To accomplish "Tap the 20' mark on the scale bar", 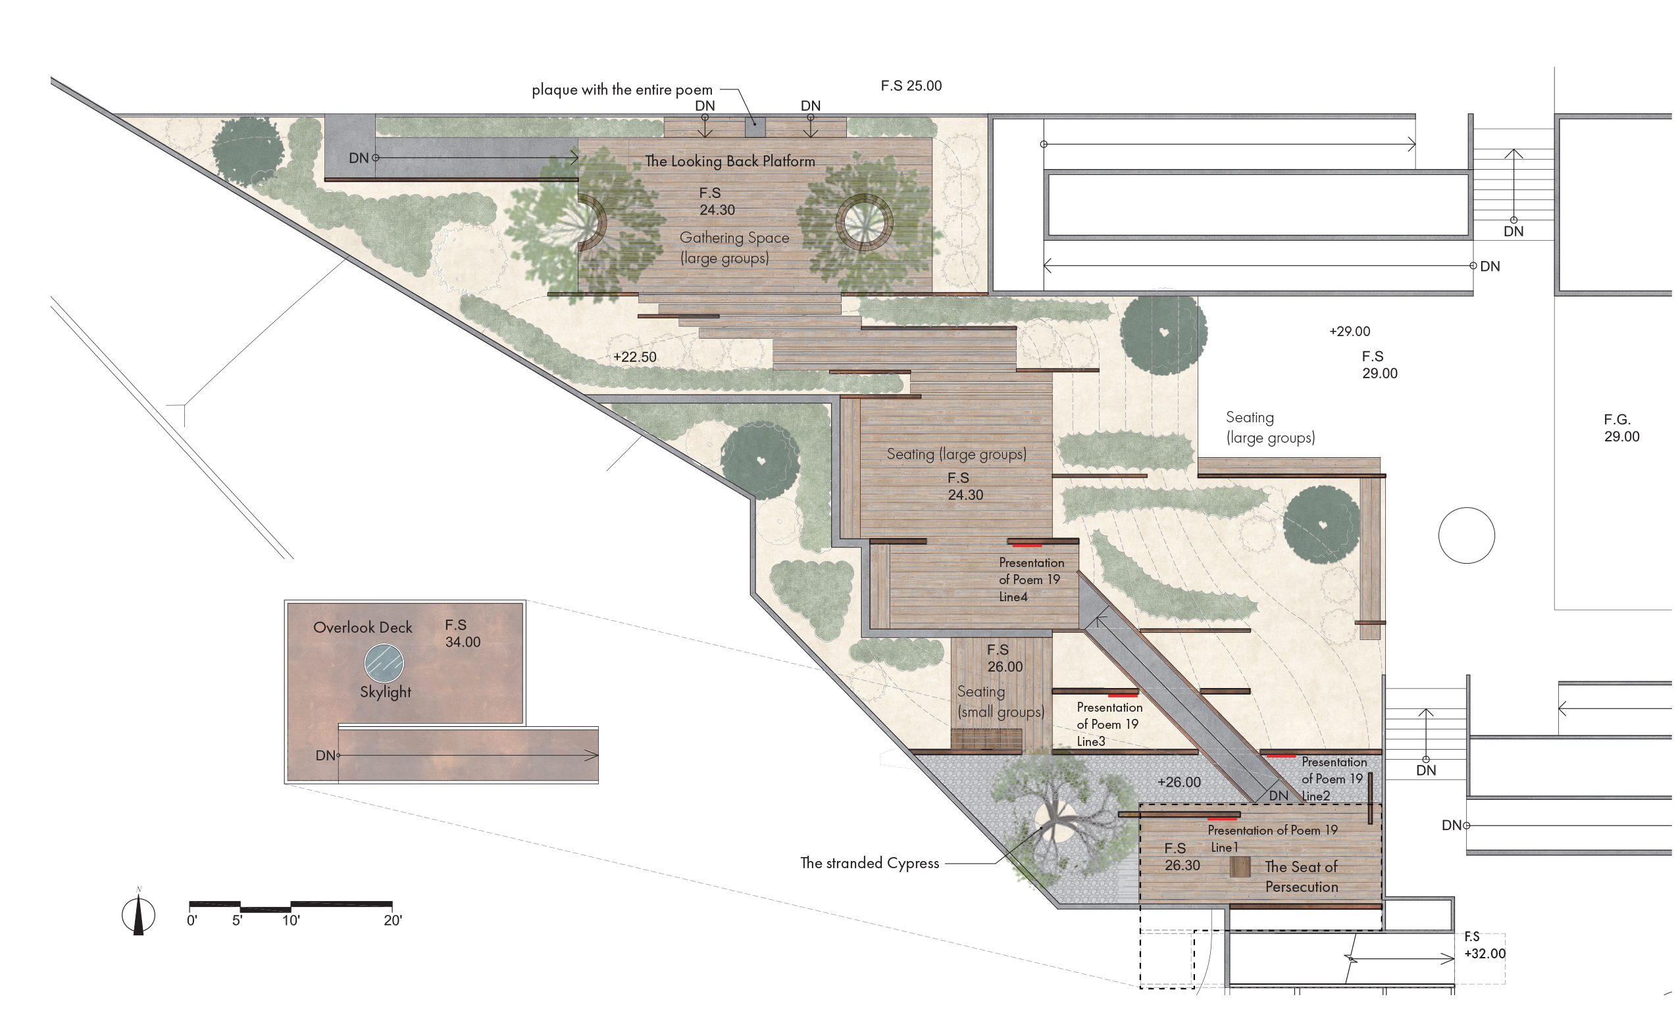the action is [393, 920].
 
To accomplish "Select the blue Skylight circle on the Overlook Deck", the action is [384, 663].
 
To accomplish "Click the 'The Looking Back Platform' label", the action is [730, 161].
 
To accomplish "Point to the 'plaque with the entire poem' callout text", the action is [622, 89].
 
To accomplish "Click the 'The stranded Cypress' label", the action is [870, 863].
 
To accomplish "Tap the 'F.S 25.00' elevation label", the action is [911, 86].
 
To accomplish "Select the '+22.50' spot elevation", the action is [635, 357].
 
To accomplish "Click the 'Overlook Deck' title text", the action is [363, 627].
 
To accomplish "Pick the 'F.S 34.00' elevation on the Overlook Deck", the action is [462, 633].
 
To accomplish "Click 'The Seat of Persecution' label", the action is [1301, 876].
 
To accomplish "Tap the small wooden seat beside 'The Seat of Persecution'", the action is [1240, 867].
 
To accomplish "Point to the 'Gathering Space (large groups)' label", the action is [734, 248].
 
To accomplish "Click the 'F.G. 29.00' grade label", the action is [1621, 428].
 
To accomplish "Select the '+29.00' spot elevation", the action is [1350, 332].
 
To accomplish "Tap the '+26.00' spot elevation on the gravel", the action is [1179, 782].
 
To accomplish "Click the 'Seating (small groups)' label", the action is [1000, 702].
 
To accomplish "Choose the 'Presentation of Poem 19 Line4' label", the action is [1032, 579].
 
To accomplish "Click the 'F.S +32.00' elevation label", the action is [1485, 945].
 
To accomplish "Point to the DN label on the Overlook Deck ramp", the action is [325, 756].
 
